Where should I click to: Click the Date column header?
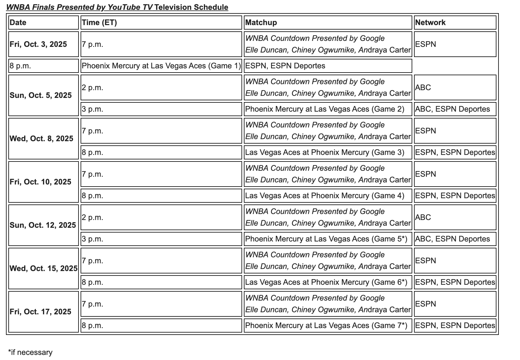[x=18, y=23]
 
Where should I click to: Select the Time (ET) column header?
[x=99, y=23]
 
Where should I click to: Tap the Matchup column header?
[x=261, y=23]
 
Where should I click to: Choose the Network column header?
[x=430, y=23]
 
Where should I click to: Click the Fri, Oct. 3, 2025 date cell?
[x=38, y=44]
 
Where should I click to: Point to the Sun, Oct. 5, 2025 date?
[x=41, y=96]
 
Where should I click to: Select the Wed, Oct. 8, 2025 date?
[x=41, y=139]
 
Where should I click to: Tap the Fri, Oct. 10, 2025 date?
[x=40, y=182]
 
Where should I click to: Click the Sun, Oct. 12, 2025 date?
[x=43, y=225]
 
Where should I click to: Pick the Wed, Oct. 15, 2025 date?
[x=43, y=269]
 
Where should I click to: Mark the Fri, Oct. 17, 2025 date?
[x=40, y=312]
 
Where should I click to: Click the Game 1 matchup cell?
[x=161, y=66]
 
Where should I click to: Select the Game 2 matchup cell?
[x=324, y=109]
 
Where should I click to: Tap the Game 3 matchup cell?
[x=324, y=153]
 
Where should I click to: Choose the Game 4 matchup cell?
[x=324, y=196]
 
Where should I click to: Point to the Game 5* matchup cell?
[x=326, y=239]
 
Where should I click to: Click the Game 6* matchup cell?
[x=326, y=282]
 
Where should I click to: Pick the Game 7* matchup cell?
[x=326, y=326]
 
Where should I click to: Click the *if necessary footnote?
[x=30, y=353]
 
